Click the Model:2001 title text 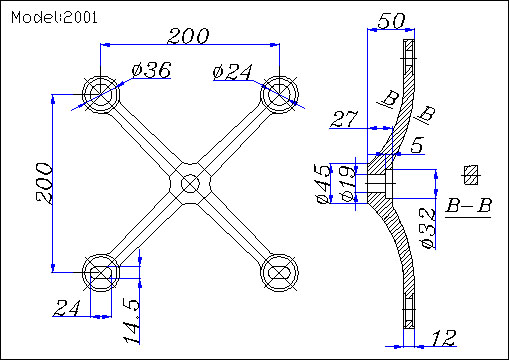coord(54,17)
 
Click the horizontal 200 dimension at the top coord(188,36)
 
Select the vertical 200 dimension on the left coord(44,183)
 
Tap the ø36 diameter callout coord(152,70)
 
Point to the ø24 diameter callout coord(233,72)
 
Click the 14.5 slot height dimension coord(131,322)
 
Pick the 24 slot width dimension coord(67,308)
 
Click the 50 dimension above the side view coord(391,21)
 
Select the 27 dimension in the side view coord(344,119)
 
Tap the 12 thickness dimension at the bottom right coord(444,338)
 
